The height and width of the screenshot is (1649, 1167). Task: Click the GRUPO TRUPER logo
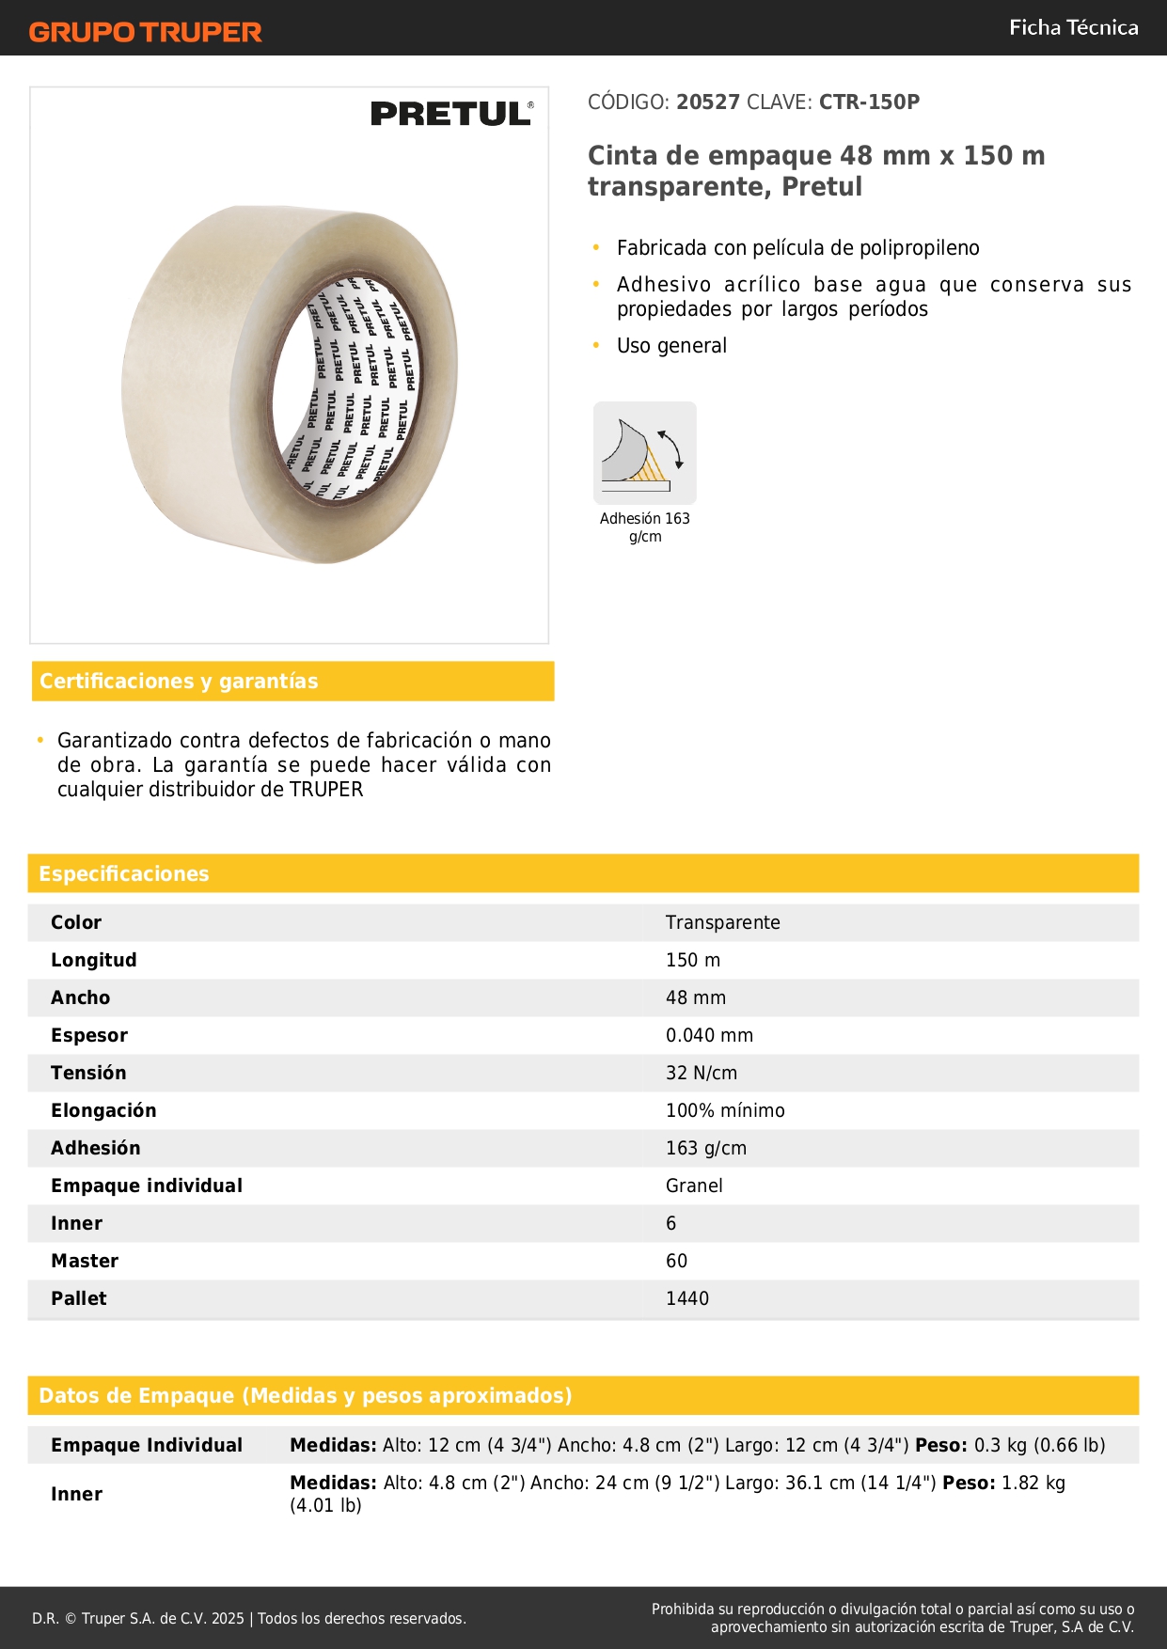pyautogui.click(x=145, y=32)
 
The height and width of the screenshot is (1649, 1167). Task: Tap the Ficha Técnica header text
pyautogui.click(x=1073, y=27)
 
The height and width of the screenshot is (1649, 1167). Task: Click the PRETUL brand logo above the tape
pyautogui.click(x=451, y=114)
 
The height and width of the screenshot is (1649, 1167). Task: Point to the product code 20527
pyautogui.click(x=708, y=102)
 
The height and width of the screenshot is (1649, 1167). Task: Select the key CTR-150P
pyautogui.click(x=869, y=102)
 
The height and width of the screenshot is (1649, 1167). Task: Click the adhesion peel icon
pyautogui.click(x=644, y=452)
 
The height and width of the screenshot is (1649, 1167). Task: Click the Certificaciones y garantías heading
pyautogui.click(x=179, y=681)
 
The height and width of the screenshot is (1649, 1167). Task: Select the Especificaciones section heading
pyautogui.click(x=124, y=873)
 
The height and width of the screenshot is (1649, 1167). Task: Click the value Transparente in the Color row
pyautogui.click(x=722, y=922)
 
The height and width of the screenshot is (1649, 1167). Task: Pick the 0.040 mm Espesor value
pyautogui.click(x=709, y=1035)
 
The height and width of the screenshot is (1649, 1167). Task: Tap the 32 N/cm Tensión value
pyautogui.click(x=701, y=1073)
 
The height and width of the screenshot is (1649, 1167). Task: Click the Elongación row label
pyautogui.click(x=103, y=1110)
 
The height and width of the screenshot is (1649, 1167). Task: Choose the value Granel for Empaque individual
pyautogui.click(x=694, y=1186)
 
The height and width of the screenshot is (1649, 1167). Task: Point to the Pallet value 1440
pyautogui.click(x=686, y=1298)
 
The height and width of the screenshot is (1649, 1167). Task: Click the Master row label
pyautogui.click(x=85, y=1261)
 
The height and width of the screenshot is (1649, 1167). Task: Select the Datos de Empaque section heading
pyautogui.click(x=305, y=1395)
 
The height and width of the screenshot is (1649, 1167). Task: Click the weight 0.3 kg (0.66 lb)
pyautogui.click(x=1039, y=1445)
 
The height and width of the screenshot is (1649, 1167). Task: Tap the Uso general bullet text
pyautogui.click(x=671, y=345)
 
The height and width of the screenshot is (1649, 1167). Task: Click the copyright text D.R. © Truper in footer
pyautogui.click(x=138, y=1618)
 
